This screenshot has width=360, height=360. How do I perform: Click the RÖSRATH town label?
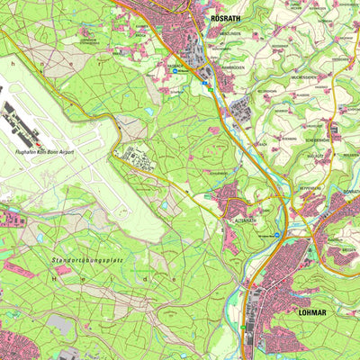point(226,17)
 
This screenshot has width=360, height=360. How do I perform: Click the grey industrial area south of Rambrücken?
point(241,111)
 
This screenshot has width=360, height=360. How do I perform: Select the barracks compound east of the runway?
point(139,158)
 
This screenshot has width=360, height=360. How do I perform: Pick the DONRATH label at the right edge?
point(349,193)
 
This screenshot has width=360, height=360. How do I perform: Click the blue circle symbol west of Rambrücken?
point(177,66)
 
